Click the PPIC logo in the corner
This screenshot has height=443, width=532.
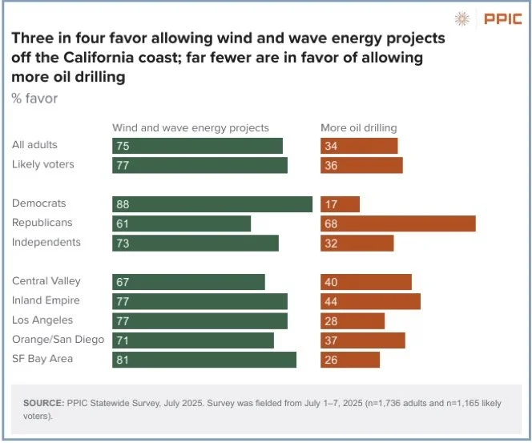coord(487,18)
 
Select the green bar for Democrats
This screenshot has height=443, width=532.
coord(212,204)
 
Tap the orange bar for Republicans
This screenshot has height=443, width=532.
coord(398,224)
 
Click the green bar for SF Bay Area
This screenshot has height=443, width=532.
coord(204,360)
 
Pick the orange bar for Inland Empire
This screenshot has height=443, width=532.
coord(370,301)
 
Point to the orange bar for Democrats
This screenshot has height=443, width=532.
coord(340,204)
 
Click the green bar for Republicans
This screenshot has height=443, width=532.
coord(181,224)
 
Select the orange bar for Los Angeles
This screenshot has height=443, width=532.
coord(353,320)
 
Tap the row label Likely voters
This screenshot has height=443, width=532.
coord(43,164)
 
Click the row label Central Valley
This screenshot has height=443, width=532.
coord(46,281)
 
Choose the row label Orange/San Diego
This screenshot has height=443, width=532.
coord(58,339)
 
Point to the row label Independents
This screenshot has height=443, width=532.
coord(46,242)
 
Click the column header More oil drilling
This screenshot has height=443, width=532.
coord(359,127)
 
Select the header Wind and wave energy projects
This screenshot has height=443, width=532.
coord(191,127)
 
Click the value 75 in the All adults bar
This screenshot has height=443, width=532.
coord(123,146)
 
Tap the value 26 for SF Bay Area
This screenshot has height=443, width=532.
coord(331,360)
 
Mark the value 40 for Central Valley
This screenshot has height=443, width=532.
coord(331,282)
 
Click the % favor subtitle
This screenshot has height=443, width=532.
coord(34,99)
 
